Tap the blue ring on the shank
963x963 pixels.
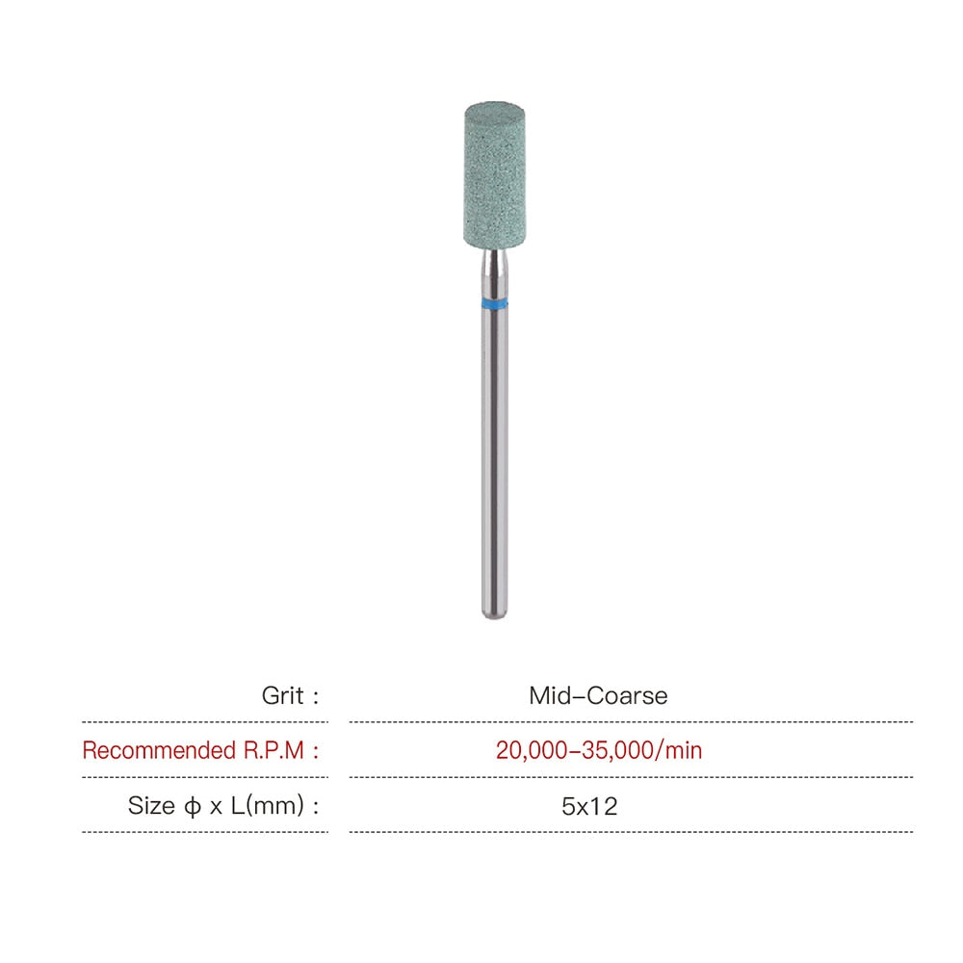[495, 304]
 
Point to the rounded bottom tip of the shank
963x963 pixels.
[495, 613]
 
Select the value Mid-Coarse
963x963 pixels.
[598, 695]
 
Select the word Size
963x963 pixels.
[150, 806]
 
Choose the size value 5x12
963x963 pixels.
[589, 806]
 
